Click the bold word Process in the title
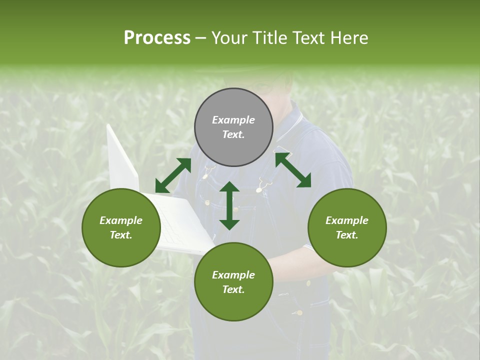point(157,38)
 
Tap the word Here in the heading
point(349,38)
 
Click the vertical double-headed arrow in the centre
point(229,205)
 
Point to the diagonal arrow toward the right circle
point(293,170)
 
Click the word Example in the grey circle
point(233,120)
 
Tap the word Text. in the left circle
point(121,235)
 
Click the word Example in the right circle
point(347,220)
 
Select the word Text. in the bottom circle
point(233,289)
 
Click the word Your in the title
point(230,38)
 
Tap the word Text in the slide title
point(309,38)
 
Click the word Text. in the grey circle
point(233,134)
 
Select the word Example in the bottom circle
point(233,275)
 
